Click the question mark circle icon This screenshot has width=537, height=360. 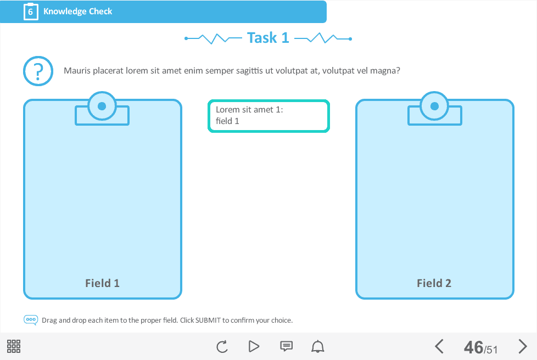click(x=38, y=71)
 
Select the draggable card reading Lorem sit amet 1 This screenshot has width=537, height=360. click(x=268, y=116)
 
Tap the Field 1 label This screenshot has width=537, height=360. click(x=102, y=283)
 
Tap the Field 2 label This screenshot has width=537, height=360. click(x=434, y=283)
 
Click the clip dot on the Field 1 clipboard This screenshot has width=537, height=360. click(x=102, y=106)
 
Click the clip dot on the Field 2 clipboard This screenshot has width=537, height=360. click(x=435, y=106)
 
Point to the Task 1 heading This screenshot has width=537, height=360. click(x=268, y=38)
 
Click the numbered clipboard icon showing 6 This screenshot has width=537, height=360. click(x=31, y=12)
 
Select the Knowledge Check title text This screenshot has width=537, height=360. click(x=78, y=12)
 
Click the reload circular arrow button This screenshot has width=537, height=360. click(x=222, y=346)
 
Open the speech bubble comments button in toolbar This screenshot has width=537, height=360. click(x=286, y=346)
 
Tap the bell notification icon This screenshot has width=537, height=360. click(x=318, y=346)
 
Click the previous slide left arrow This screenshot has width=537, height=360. click(x=439, y=346)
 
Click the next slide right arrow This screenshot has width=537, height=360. click(x=523, y=346)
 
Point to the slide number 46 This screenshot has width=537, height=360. click(x=474, y=347)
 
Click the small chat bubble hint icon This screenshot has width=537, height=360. click(x=31, y=320)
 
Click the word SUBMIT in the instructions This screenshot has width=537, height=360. click(x=208, y=320)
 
